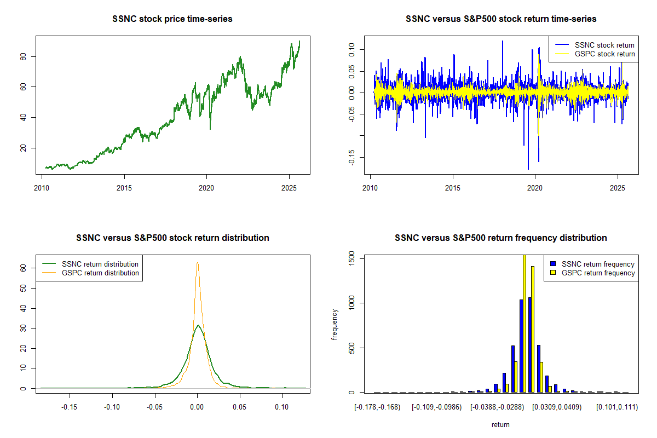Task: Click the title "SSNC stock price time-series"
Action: [x=172, y=19]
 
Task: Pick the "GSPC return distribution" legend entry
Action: [x=100, y=273]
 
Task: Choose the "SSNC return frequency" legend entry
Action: [x=598, y=264]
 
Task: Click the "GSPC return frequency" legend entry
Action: [x=598, y=273]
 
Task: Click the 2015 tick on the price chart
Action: [x=124, y=185]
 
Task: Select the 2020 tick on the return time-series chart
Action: [x=535, y=185]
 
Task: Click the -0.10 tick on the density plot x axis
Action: [x=112, y=407]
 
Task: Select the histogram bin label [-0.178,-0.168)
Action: [x=377, y=407]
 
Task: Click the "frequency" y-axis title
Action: [x=335, y=324]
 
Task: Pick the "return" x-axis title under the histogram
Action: [x=500, y=424]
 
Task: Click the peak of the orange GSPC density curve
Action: [x=198, y=263]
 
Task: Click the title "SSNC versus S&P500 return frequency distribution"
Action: [x=500, y=238]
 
